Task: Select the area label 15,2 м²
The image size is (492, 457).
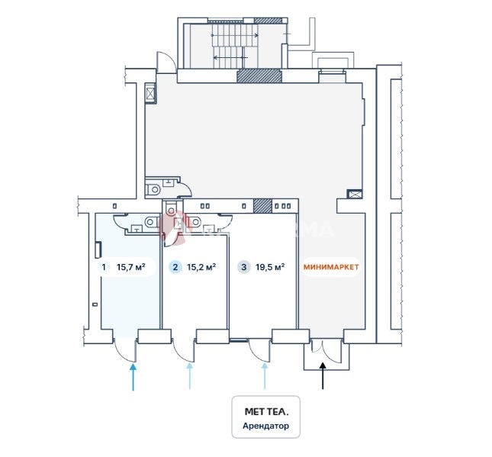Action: tap(202, 268)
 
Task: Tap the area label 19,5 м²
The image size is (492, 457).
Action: tap(270, 268)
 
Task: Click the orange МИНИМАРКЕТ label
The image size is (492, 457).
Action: tap(330, 268)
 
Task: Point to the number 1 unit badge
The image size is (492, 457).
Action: tap(103, 268)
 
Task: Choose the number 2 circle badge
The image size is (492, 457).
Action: tap(175, 268)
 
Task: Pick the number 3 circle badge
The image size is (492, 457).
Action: tap(243, 268)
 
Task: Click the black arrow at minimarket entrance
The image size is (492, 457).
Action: tap(323, 376)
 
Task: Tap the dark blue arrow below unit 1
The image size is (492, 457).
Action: tap(133, 377)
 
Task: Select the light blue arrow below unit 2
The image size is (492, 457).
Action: tap(190, 377)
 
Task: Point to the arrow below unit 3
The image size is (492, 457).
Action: tap(265, 377)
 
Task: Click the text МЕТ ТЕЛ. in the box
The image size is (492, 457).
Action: tap(266, 410)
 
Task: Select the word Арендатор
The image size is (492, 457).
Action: tap(266, 426)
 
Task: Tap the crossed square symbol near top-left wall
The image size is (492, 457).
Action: tap(150, 93)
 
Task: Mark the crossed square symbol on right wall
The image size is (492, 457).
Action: tap(353, 194)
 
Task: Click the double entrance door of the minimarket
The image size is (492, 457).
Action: tap(323, 352)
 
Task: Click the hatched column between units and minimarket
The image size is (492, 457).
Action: tap(262, 205)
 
